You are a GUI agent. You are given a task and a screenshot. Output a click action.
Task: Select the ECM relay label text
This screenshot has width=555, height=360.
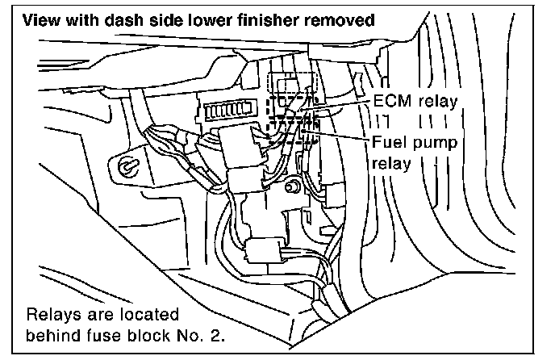point(416,101)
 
